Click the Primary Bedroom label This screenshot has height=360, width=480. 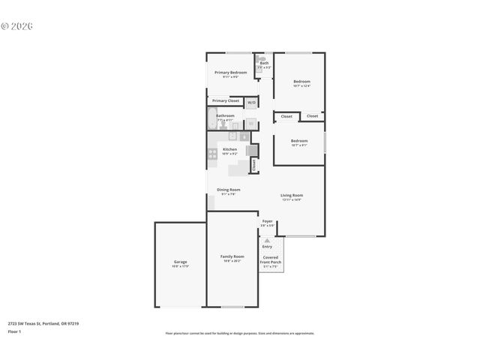[x=230, y=73]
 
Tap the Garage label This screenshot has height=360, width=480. [x=180, y=262]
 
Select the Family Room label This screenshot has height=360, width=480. [x=232, y=256]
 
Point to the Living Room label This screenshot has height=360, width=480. [x=291, y=195]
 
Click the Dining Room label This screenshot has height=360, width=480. [x=228, y=190]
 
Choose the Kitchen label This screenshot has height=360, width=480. [x=229, y=149]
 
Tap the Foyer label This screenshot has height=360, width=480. [x=267, y=221]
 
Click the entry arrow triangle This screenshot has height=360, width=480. [x=267, y=240]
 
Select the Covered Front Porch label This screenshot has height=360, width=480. [x=270, y=259]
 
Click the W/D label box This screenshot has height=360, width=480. [x=251, y=102]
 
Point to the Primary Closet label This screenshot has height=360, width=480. [x=225, y=100]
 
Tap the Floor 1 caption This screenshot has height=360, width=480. [x=14, y=331]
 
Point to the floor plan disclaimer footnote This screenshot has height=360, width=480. [x=239, y=333]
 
